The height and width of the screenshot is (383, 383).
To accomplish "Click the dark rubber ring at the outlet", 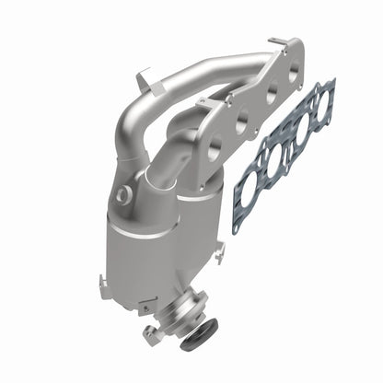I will click(196, 338).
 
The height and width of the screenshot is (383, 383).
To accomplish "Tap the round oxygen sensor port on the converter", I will click(123, 194).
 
